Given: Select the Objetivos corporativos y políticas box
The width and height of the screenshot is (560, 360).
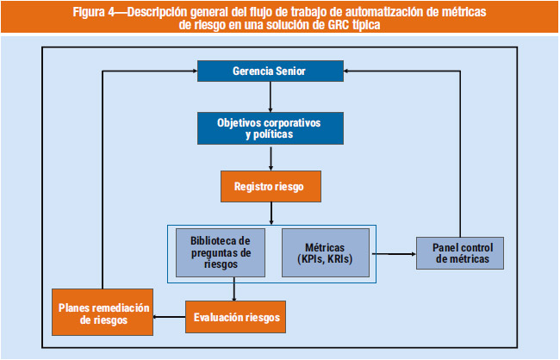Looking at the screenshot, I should coord(270,128).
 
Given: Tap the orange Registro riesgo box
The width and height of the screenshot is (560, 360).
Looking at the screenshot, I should coord(270,185).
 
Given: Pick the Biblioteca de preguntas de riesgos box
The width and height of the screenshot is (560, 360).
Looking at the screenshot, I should coord(221,251).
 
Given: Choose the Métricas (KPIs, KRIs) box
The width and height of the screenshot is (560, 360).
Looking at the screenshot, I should coord(325,251).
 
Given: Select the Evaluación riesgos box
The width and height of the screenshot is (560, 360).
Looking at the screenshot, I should coord(234,317).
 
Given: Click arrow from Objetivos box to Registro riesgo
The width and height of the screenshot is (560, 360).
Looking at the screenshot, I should coord(270,158).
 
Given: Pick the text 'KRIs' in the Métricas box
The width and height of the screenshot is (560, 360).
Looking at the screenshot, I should coord(338,258).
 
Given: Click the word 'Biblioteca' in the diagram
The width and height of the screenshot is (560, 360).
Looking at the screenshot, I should coord(220,239).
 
